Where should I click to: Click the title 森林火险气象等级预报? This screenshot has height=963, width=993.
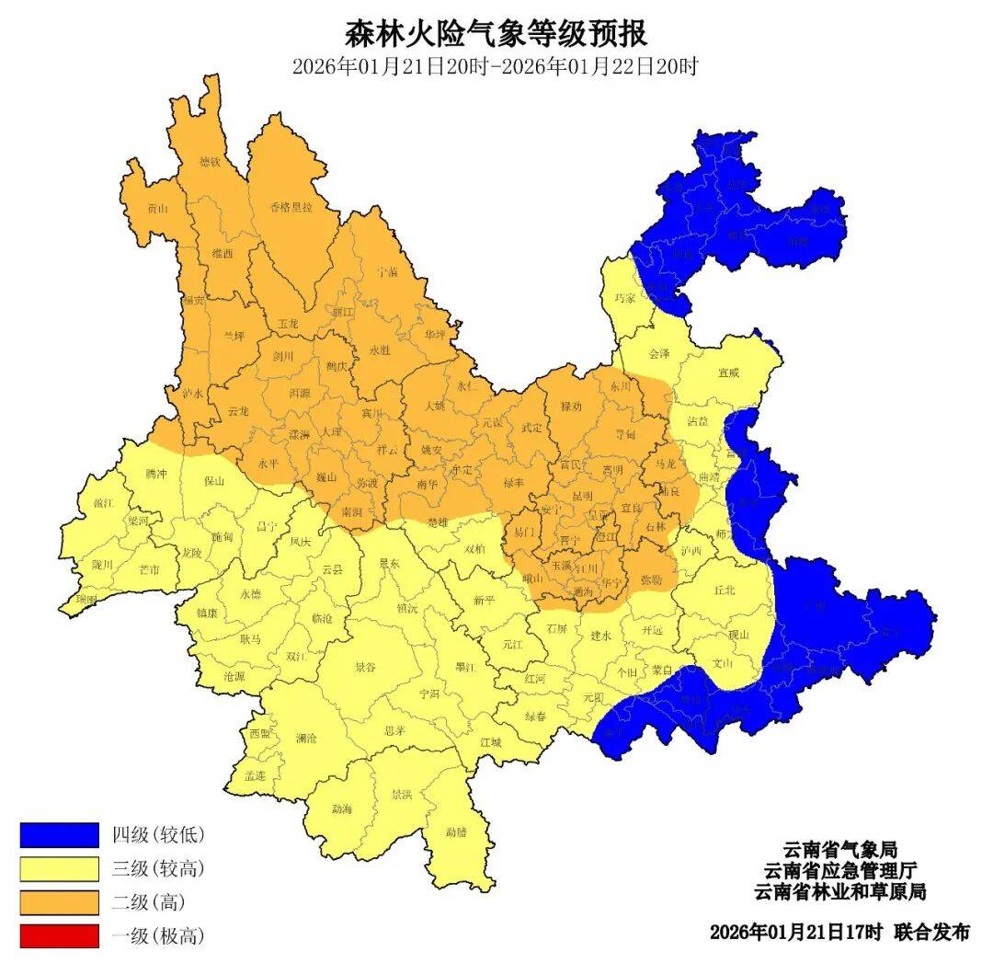pyautogui.click(x=496, y=34)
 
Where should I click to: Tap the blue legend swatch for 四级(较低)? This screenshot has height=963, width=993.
pyautogui.click(x=59, y=834)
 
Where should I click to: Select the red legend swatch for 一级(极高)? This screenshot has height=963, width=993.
pyautogui.click(x=59, y=935)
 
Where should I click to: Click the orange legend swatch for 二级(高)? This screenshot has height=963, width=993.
pyautogui.click(x=59, y=901)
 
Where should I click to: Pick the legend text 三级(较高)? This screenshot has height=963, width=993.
pyautogui.click(x=158, y=868)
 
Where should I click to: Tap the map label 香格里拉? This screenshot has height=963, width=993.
pyautogui.click(x=291, y=206)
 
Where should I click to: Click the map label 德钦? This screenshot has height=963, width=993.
pyautogui.click(x=211, y=162)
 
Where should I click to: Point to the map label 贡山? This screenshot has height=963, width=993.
pyautogui.click(x=158, y=209)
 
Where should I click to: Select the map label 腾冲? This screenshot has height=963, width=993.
pyautogui.click(x=156, y=474)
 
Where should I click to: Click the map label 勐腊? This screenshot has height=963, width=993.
pyautogui.click(x=456, y=831)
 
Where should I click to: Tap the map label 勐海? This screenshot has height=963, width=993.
pyautogui.click(x=341, y=808)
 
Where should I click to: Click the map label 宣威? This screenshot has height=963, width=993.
pyautogui.click(x=728, y=373)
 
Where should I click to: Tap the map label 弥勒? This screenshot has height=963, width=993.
pyautogui.click(x=651, y=580)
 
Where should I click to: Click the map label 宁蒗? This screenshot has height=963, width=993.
pyautogui.click(x=387, y=272)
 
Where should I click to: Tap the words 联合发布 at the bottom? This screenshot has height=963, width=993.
pyautogui.click(x=930, y=931)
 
